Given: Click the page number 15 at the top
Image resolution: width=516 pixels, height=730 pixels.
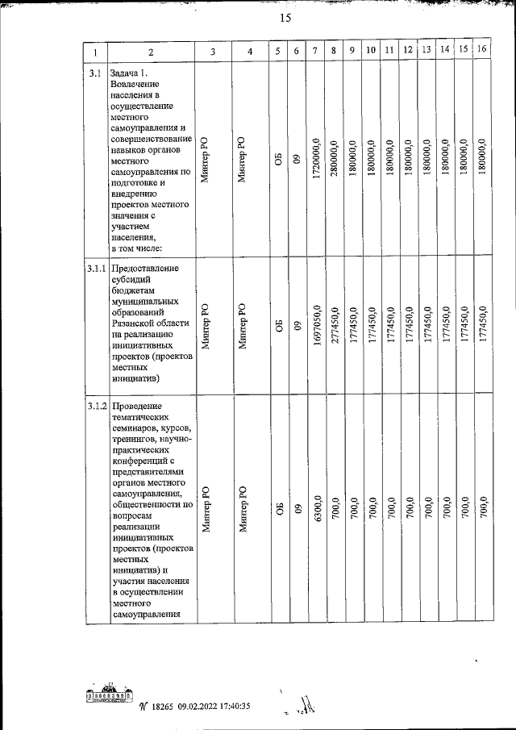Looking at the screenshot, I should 285,19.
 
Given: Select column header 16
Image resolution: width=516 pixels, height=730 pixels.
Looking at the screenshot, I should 482,50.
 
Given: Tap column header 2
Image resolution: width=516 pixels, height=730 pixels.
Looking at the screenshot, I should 150,52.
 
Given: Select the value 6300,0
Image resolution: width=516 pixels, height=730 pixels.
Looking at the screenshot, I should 317,511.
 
